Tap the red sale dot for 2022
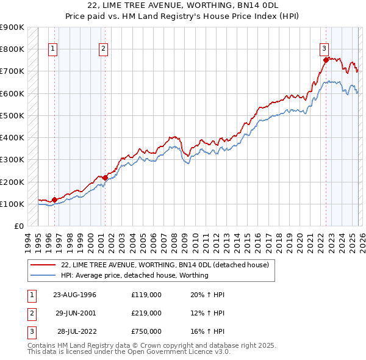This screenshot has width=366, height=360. point(326,60)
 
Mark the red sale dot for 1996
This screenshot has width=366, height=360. point(54,200)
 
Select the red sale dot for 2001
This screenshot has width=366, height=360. point(106,178)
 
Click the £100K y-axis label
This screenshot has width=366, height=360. point(12,204)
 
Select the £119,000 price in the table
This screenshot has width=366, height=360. point(146,295)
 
